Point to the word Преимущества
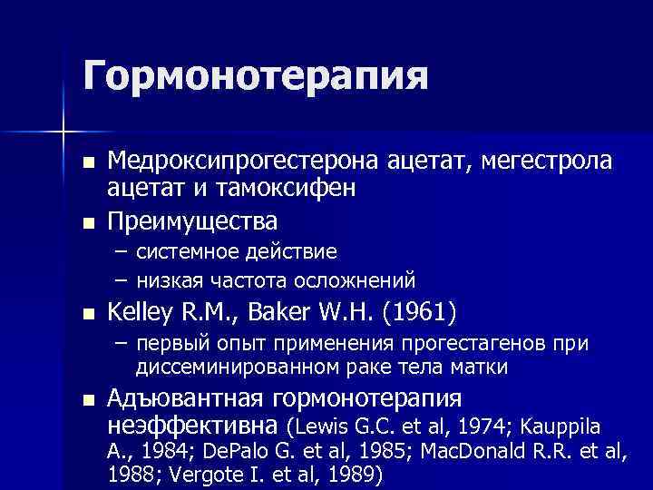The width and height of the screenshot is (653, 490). point(192,220)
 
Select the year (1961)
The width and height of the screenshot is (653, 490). point(419,313)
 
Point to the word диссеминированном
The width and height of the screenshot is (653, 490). point(221,367)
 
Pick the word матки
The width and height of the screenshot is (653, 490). point(482,367)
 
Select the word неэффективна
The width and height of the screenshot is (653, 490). point(193,426)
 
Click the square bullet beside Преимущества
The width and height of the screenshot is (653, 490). point(87,221)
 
